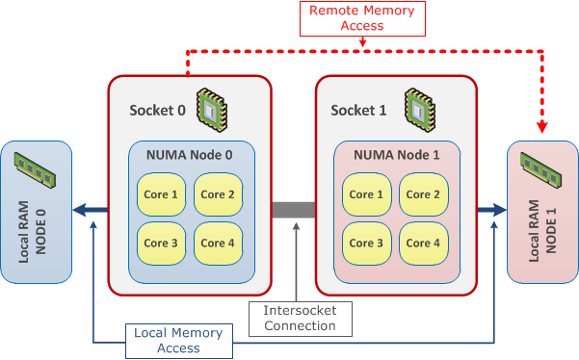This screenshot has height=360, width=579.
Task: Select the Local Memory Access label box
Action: (177, 340)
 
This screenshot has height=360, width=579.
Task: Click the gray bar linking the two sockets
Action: (294, 209)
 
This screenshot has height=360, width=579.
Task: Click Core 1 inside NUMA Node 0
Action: (162, 195)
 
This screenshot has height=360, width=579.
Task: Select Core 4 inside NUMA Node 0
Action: (218, 243)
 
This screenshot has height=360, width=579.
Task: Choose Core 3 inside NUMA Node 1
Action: (367, 243)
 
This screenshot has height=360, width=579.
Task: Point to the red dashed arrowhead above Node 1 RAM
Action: (541, 129)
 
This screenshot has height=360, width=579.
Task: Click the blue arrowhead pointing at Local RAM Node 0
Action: (83, 209)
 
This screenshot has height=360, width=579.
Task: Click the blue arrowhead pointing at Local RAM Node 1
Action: (501, 209)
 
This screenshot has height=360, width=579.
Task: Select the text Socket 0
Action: (157, 109)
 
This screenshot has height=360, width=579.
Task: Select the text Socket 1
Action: (358, 109)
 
